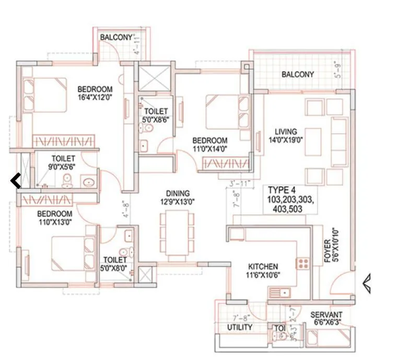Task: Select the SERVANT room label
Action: coord(326,315)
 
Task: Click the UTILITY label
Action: coord(240,327)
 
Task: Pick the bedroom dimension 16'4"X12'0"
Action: coord(95,97)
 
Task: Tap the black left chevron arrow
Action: coord(16,181)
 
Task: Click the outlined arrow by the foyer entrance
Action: coord(367,283)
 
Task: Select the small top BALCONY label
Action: coord(116,38)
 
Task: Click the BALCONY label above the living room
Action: coord(298,75)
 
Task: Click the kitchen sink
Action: coord(280,293)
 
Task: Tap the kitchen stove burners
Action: coord(303,263)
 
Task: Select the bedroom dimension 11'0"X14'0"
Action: coord(209,149)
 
